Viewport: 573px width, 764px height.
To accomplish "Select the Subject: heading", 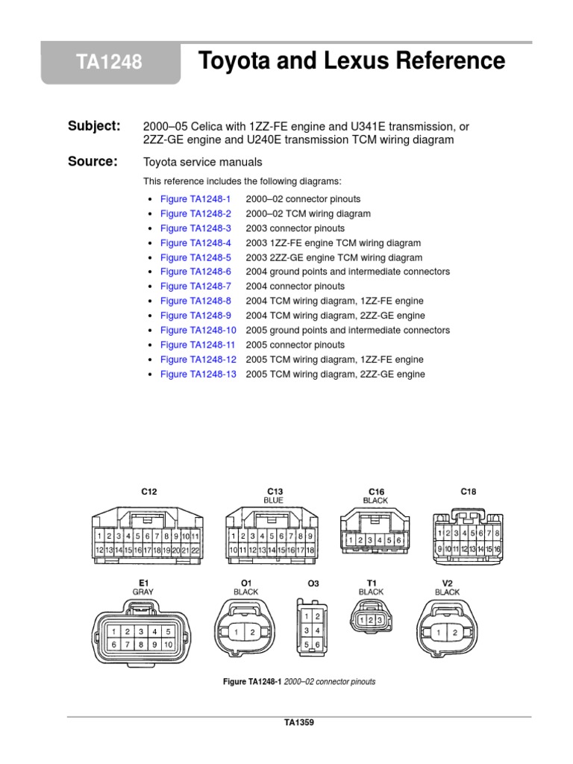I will [94, 126].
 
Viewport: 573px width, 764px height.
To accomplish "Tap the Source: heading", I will [93, 161].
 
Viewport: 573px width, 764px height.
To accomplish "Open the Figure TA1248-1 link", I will [195, 199].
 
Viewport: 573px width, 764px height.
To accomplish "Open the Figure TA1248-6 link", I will [195, 272].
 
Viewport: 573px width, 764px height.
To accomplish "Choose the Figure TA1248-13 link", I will [198, 374].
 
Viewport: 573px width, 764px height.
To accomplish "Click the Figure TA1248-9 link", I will [195, 316].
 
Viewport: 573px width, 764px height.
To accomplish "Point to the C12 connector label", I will [149, 492].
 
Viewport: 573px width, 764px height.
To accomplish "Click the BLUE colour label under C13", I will [273, 500].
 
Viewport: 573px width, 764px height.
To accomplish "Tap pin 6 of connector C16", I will [398, 539].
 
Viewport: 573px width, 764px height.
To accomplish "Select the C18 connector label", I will [468, 492].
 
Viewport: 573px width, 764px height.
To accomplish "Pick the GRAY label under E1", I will [143, 591].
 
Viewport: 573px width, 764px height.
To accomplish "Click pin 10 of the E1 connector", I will [168, 644].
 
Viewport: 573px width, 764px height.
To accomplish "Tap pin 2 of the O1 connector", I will [252, 633].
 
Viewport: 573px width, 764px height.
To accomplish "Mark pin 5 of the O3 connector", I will [307, 644].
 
